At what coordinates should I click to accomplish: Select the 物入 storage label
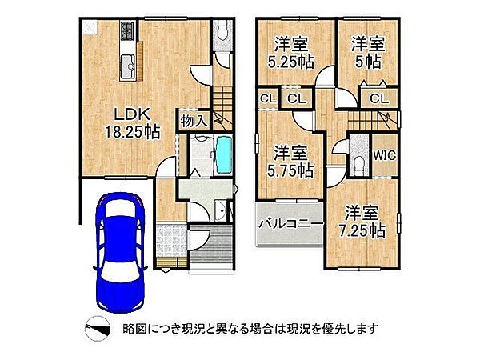(194, 121)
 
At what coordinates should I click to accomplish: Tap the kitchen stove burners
(128, 34)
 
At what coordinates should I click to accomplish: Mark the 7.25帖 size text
(363, 230)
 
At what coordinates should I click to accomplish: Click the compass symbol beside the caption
(95, 327)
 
